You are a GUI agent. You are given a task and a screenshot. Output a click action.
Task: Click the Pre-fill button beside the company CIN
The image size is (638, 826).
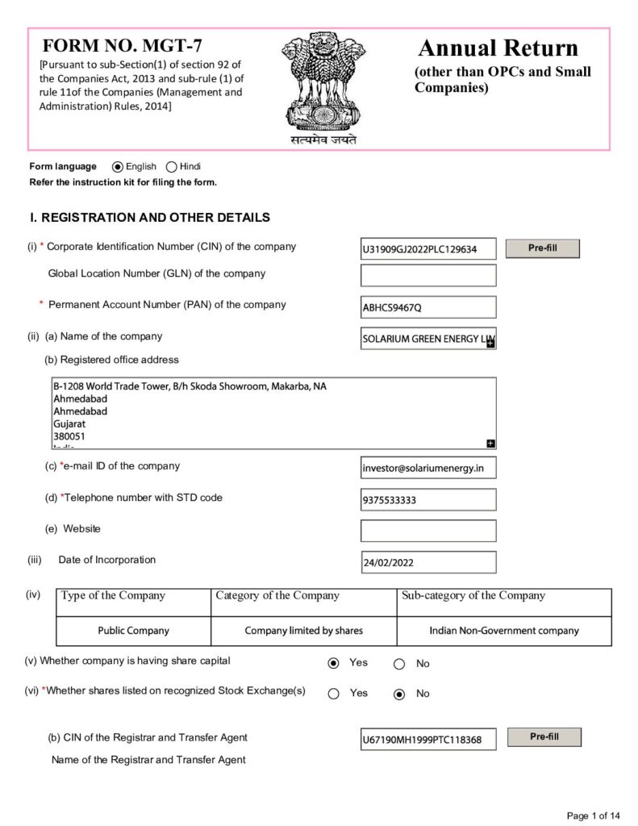click(542, 248)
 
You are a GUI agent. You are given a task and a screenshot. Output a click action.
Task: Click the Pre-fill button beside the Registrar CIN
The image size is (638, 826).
click(544, 737)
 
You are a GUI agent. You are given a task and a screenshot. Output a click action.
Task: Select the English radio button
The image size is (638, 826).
click(118, 167)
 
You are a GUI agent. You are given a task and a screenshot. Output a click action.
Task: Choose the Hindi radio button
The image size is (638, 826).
click(171, 167)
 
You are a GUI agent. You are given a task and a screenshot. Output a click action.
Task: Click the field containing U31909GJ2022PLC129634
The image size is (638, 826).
click(427, 250)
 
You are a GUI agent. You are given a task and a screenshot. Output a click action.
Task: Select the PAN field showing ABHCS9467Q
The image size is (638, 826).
click(427, 307)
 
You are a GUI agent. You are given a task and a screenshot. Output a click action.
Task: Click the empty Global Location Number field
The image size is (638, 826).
click(427, 276)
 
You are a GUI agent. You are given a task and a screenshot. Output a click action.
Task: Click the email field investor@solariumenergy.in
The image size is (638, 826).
click(427, 469)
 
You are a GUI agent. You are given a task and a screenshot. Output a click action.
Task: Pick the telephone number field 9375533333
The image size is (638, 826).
click(427, 500)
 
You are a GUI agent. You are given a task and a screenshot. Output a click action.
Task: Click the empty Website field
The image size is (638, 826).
click(427, 531)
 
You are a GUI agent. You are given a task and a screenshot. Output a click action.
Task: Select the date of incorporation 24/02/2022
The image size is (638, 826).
click(427, 562)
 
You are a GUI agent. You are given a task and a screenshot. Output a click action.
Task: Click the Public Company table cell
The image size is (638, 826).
click(134, 631)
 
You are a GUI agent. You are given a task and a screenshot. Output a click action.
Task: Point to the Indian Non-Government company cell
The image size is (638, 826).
click(503, 631)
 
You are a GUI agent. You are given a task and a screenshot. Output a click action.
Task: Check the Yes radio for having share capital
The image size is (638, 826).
click(334, 664)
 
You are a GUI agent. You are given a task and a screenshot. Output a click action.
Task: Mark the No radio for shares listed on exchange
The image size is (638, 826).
click(399, 695)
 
